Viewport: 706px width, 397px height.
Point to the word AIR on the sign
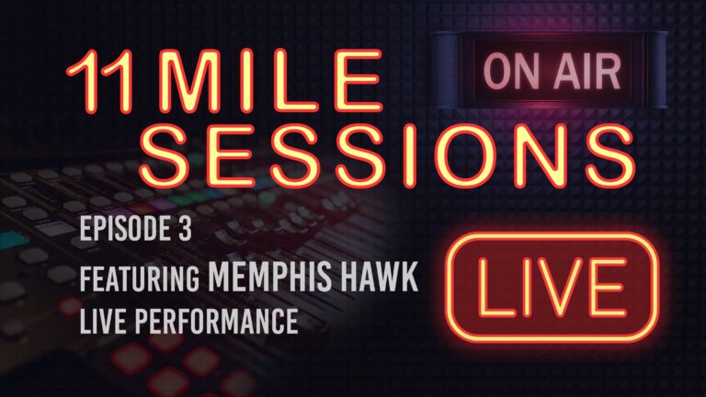click(571, 71)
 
